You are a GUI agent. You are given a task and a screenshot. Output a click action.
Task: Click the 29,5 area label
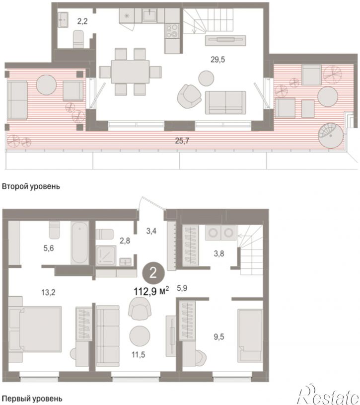click(217, 60)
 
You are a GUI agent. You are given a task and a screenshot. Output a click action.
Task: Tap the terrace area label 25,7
click(182, 141)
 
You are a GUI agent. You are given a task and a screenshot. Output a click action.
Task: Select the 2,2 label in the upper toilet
click(82, 21)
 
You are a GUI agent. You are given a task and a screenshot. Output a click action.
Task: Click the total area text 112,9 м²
click(151, 291)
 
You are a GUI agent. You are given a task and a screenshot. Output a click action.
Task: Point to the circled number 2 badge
click(153, 272)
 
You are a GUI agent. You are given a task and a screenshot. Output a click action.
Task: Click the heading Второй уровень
click(31, 186)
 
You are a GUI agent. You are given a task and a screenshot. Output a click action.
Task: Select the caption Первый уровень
click(32, 399)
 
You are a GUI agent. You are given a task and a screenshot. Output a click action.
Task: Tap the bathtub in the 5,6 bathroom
click(80, 243)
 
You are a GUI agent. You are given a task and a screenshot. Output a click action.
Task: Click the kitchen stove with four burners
click(172, 31)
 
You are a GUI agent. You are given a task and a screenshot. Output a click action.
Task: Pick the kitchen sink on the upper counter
click(149, 15)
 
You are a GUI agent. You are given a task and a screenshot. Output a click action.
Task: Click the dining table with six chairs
click(130, 72)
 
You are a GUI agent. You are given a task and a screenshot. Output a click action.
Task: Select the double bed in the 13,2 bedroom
click(35, 329)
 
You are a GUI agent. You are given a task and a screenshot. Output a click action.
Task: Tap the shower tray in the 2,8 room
click(106, 256)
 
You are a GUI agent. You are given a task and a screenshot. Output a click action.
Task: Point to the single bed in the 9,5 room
click(250, 335)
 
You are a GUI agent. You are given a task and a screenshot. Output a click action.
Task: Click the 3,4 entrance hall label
click(151, 231)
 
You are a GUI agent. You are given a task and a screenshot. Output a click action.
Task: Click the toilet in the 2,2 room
click(78, 39)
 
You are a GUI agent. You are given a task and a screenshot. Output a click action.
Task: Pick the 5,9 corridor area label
click(182, 288)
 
